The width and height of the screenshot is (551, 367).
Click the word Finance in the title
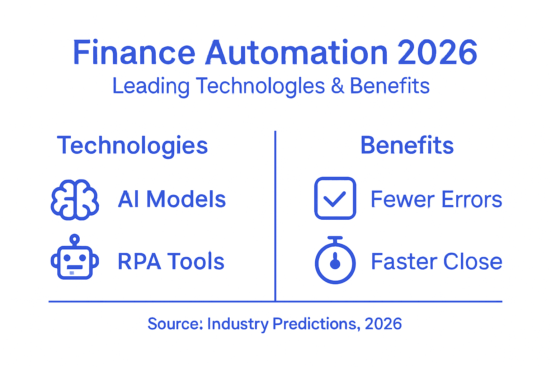134,53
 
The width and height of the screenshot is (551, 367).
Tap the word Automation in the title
296,53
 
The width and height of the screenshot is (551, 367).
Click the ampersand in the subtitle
337,86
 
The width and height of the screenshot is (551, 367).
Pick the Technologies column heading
132,146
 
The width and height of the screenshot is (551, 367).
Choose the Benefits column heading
407,146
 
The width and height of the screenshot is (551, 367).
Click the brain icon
75,199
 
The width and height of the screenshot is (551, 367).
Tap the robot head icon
75,261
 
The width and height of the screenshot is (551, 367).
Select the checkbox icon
335,198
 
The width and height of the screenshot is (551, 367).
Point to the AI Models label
172,199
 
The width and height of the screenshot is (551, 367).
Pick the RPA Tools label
171,261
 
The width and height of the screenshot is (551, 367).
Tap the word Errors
472,199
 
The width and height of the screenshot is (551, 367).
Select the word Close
473,261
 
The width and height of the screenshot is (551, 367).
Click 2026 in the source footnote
383,324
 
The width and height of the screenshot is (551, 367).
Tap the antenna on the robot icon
75,239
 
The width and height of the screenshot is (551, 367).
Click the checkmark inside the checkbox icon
334,199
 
